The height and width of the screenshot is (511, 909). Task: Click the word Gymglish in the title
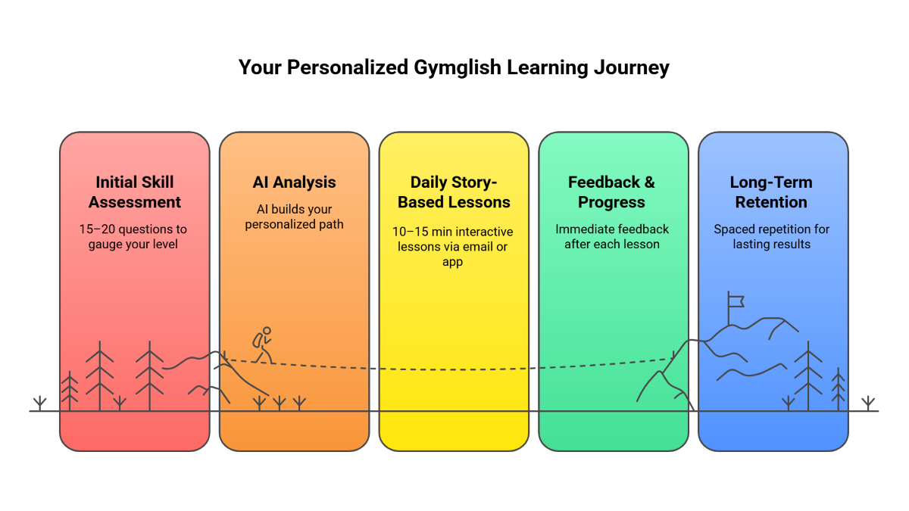point(458,67)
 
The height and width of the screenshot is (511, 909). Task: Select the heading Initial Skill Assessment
point(135,192)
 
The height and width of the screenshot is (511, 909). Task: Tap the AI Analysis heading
point(295,182)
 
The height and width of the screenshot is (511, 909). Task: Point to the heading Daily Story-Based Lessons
point(454,192)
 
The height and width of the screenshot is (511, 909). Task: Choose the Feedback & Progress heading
point(612,192)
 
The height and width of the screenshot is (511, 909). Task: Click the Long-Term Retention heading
point(771,192)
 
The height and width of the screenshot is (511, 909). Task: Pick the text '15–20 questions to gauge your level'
point(133,236)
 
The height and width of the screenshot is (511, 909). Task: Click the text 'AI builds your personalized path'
point(294,217)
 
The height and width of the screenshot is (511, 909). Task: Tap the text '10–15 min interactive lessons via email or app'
point(454,246)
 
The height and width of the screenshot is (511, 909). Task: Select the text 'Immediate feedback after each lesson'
point(612,236)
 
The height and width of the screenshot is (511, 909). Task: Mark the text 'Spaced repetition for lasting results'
point(771,236)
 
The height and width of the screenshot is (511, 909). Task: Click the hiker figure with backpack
point(263,344)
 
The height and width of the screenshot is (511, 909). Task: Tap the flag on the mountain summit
point(735,300)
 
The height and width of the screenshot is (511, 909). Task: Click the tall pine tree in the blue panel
point(808,375)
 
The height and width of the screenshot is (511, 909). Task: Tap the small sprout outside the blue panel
point(868,402)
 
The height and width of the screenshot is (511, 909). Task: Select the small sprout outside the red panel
point(40,402)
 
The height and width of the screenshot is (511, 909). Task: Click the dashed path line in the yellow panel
point(454,369)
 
